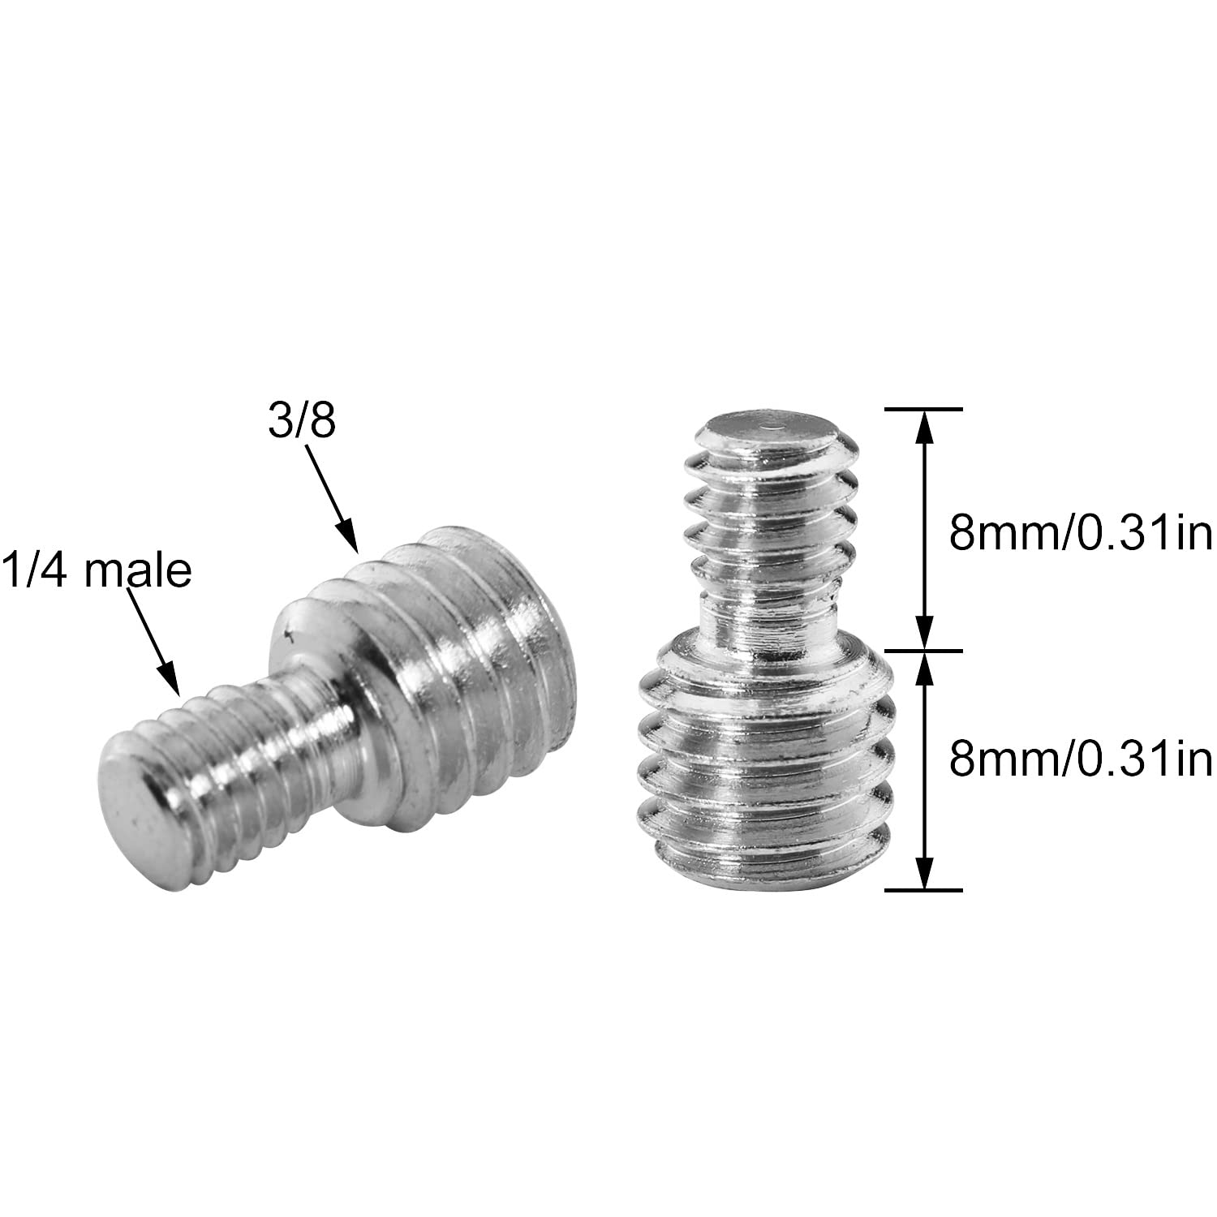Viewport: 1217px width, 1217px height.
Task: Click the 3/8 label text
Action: (302, 423)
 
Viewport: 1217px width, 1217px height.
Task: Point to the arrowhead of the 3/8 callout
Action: (349, 540)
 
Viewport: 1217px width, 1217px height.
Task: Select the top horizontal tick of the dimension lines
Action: (923, 409)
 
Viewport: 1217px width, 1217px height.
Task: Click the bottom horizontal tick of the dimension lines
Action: (923, 890)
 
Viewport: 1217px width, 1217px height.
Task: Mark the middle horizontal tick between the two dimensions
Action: (923, 650)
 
